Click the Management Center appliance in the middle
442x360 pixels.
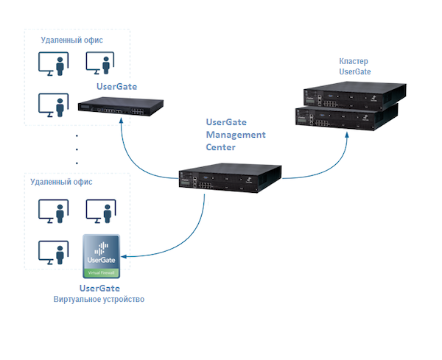[230, 179]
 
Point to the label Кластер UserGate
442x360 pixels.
[354, 66]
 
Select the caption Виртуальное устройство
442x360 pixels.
[99, 300]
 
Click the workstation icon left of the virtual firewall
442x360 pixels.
[52, 253]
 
